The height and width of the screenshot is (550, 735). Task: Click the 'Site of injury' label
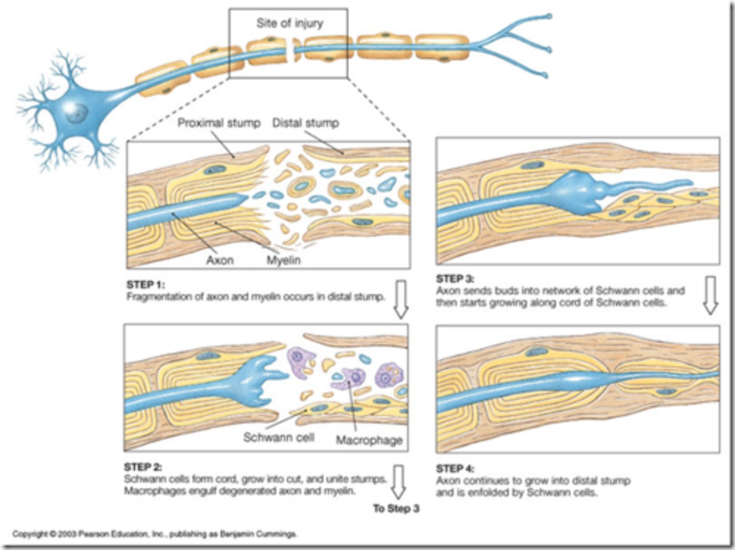(x=289, y=23)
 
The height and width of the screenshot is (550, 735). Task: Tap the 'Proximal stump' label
(x=218, y=123)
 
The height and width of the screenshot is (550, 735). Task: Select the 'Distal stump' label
(x=305, y=123)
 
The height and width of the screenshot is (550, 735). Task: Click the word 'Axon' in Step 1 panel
(x=219, y=260)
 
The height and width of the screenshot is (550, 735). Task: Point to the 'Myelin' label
(x=283, y=260)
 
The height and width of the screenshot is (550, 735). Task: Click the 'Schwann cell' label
(x=278, y=438)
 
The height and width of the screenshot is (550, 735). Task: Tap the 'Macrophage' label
(x=369, y=440)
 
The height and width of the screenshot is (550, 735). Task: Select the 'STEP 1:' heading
(x=145, y=285)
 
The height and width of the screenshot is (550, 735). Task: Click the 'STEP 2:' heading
(x=143, y=467)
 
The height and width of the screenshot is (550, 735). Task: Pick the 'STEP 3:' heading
(x=455, y=279)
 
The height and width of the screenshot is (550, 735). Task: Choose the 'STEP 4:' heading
(x=455, y=468)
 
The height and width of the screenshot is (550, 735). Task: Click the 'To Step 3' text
(x=396, y=509)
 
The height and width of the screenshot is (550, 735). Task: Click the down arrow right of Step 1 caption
(x=401, y=299)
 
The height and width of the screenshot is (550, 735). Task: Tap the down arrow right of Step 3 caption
(x=710, y=295)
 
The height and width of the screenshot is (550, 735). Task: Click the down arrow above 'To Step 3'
(x=398, y=482)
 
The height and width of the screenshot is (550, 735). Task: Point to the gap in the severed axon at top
(x=291, y=53)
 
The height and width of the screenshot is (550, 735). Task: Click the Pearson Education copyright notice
(x=154, y=534)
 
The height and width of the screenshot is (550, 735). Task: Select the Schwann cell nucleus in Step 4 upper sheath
(x=535, y=351)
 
